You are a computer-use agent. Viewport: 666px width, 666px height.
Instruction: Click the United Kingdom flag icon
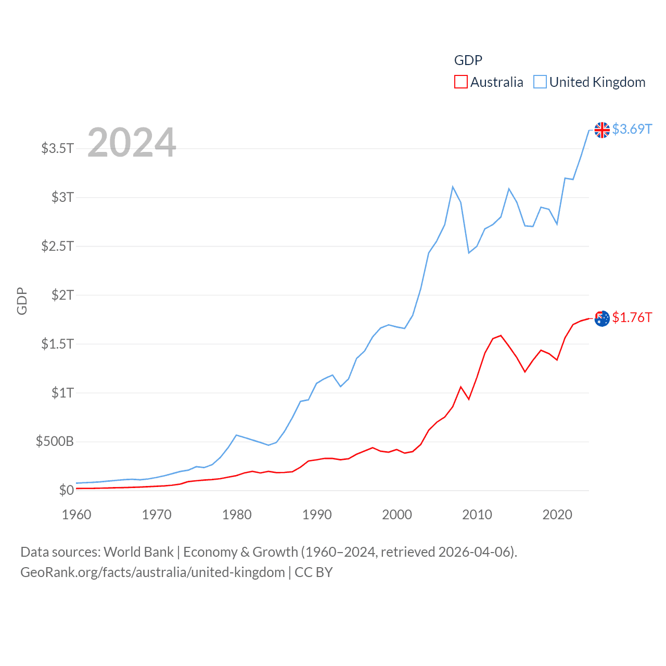[602, 130]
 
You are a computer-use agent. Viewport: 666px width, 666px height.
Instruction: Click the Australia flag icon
[602, 318]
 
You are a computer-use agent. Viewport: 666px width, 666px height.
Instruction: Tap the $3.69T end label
[632, 129]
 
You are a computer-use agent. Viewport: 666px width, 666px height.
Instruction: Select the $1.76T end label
[632, 317]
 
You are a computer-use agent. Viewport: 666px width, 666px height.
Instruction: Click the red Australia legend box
[460, 82]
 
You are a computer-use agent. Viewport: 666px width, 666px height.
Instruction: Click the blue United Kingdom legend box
[540, 82]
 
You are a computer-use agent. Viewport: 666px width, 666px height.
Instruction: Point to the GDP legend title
[468, 60]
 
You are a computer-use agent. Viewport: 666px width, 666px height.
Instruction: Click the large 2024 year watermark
[132, 143]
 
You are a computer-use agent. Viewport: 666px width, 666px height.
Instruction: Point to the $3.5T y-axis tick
[58, 148]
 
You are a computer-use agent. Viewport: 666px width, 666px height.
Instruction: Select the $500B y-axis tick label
[55, 442]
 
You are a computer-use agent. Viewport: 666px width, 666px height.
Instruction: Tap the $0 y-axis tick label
[66, 490]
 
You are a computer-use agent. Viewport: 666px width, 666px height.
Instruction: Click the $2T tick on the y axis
[62, 295]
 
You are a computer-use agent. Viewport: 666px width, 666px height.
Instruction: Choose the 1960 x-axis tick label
[76, 515]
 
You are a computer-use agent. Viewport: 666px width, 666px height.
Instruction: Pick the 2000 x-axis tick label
[397, 515]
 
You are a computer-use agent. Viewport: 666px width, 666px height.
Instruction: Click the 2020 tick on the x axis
[557, 515]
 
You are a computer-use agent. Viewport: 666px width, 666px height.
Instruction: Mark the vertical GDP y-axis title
[22, 301]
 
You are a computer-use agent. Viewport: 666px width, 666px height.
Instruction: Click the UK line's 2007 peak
[453, 187]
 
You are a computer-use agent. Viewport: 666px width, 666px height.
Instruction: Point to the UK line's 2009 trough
[469, 253]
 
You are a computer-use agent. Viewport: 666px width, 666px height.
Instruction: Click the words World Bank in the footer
[139, 552]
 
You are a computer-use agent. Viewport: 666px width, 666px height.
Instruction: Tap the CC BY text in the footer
[313, 572]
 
